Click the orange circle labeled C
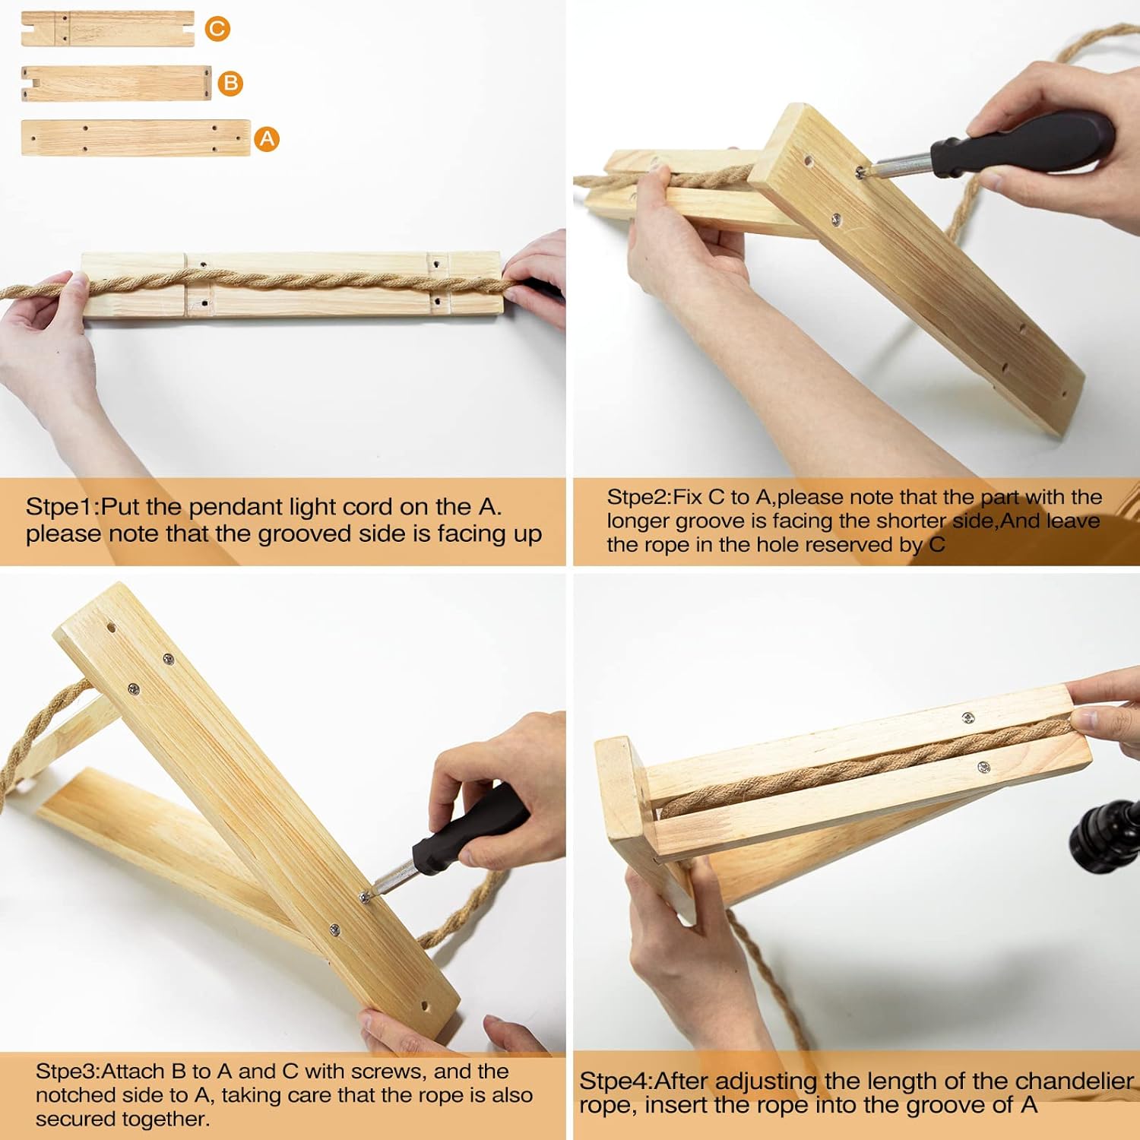coord(217,29)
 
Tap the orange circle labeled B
coord(230,83)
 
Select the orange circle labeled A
coord(267,139)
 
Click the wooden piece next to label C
coord(108,29)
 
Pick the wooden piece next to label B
coord(116,84)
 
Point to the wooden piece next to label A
coord(136,138)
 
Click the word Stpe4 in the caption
coord(613,1081)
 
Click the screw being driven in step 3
coord(365,898)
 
